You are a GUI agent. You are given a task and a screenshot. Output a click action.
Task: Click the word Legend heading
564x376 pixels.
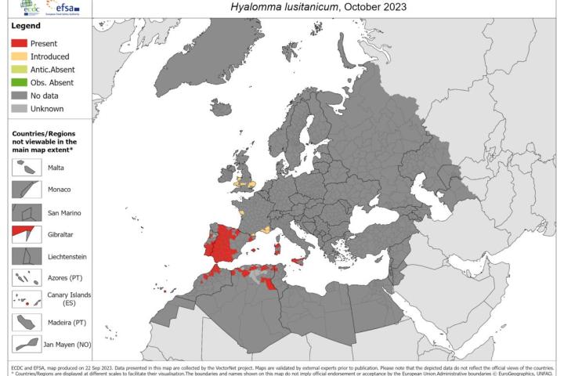(x=26, y=26)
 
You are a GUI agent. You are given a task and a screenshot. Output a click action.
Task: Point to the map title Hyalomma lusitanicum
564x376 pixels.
(x=316, y=9)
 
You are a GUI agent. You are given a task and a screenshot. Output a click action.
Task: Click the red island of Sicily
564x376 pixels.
(x=298, y=262)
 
